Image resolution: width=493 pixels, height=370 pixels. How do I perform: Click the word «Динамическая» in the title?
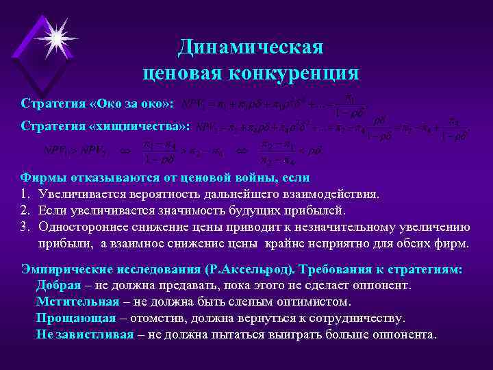click(x=250, y=47)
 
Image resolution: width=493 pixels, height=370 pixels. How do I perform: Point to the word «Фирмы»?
click(x=42, y=177)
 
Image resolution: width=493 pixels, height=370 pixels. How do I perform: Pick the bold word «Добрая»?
click(x=61, y=285)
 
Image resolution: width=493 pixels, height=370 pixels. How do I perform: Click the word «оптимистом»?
click(x=312, y=301)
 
